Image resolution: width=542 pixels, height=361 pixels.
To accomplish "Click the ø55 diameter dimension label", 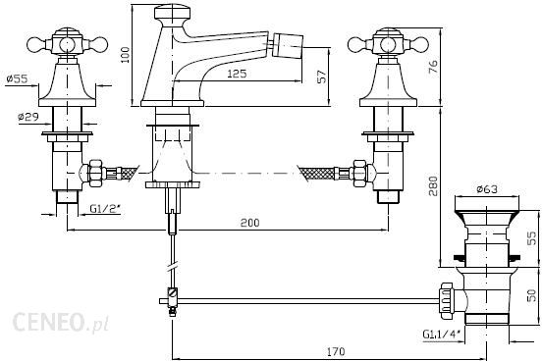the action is (x=17, y=79).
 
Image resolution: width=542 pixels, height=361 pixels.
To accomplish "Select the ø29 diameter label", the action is (x=28, y=117).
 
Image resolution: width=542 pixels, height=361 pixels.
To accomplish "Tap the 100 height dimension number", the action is (x=125, y=55).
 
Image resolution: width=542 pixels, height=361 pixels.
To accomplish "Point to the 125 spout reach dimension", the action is (x=238, y=74).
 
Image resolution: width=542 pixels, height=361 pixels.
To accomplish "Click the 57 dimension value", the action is (x=321, y=77).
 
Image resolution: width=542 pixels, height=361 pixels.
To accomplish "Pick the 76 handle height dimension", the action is (x=433, y=67).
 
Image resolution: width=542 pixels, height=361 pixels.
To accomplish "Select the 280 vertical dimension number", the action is (x=433, y=185).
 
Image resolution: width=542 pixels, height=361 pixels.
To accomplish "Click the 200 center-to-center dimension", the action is (x=249, y=223).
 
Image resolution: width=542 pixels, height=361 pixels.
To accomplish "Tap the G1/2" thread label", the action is (x=105, y=209).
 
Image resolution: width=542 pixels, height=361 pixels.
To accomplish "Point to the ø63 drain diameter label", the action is (x=487, y=189).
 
